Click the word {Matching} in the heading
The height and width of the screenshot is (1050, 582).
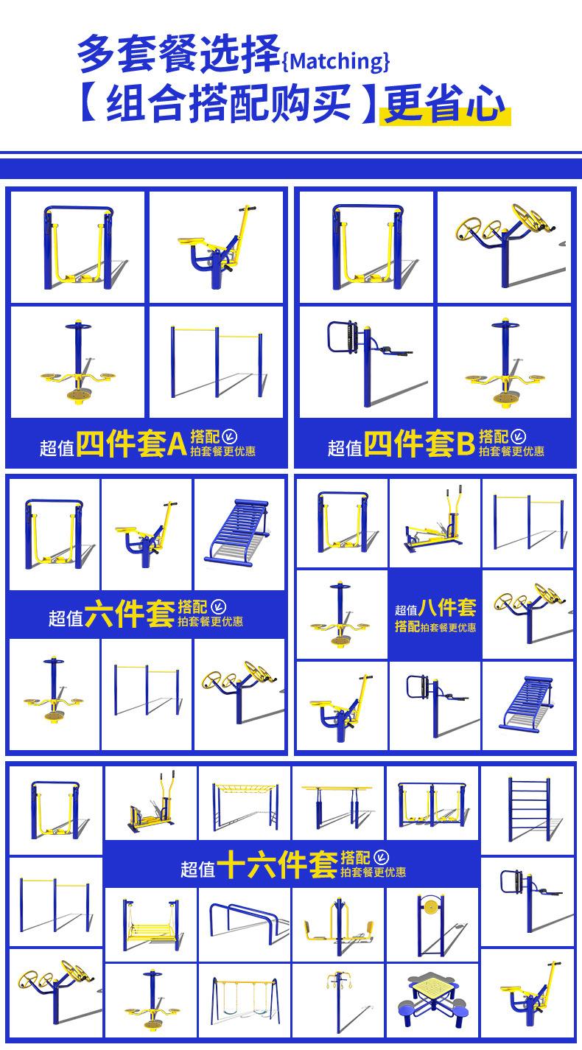click(x=336, y=61)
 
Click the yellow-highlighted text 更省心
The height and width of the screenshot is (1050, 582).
click(x=444, y=103)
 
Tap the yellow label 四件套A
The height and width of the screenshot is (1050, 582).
click(x=132, y=444)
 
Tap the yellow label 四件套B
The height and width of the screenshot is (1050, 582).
click(x=420, y=444)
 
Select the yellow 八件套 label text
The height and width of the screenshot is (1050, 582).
click(x=447, y=608)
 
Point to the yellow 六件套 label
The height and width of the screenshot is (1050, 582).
click(x=130, y=614)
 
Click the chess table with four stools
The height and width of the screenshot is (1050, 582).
click(x=432, y=1000)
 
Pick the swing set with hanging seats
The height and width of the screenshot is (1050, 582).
click(x=245, y=1001)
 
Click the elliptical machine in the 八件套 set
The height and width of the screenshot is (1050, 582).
click(x=434, y=521)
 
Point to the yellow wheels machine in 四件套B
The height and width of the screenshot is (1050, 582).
click(x=506, y=244)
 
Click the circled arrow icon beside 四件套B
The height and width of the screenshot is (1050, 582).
click(x=518, y=437)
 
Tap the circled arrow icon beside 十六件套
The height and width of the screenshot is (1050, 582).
click(x=382, y=858)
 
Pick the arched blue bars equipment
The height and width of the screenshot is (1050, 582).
click(x=245, y=920)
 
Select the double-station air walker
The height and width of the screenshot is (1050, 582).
click(x=432, y=805)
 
